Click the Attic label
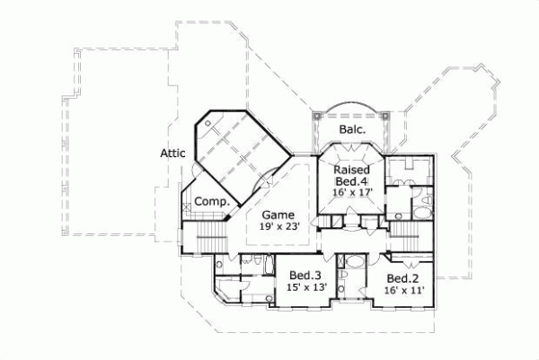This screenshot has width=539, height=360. point(172,153)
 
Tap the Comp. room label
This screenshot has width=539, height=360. point(212,202)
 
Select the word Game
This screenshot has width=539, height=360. point(279,215)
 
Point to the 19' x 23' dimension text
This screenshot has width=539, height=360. point(279,228)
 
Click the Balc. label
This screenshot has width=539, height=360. point(351,130)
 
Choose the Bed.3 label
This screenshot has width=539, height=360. point(306,276)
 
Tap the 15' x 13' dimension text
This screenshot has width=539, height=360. point(306,287)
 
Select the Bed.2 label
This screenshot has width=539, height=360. point(402,279)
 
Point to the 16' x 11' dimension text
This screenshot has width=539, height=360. point(402,291)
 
